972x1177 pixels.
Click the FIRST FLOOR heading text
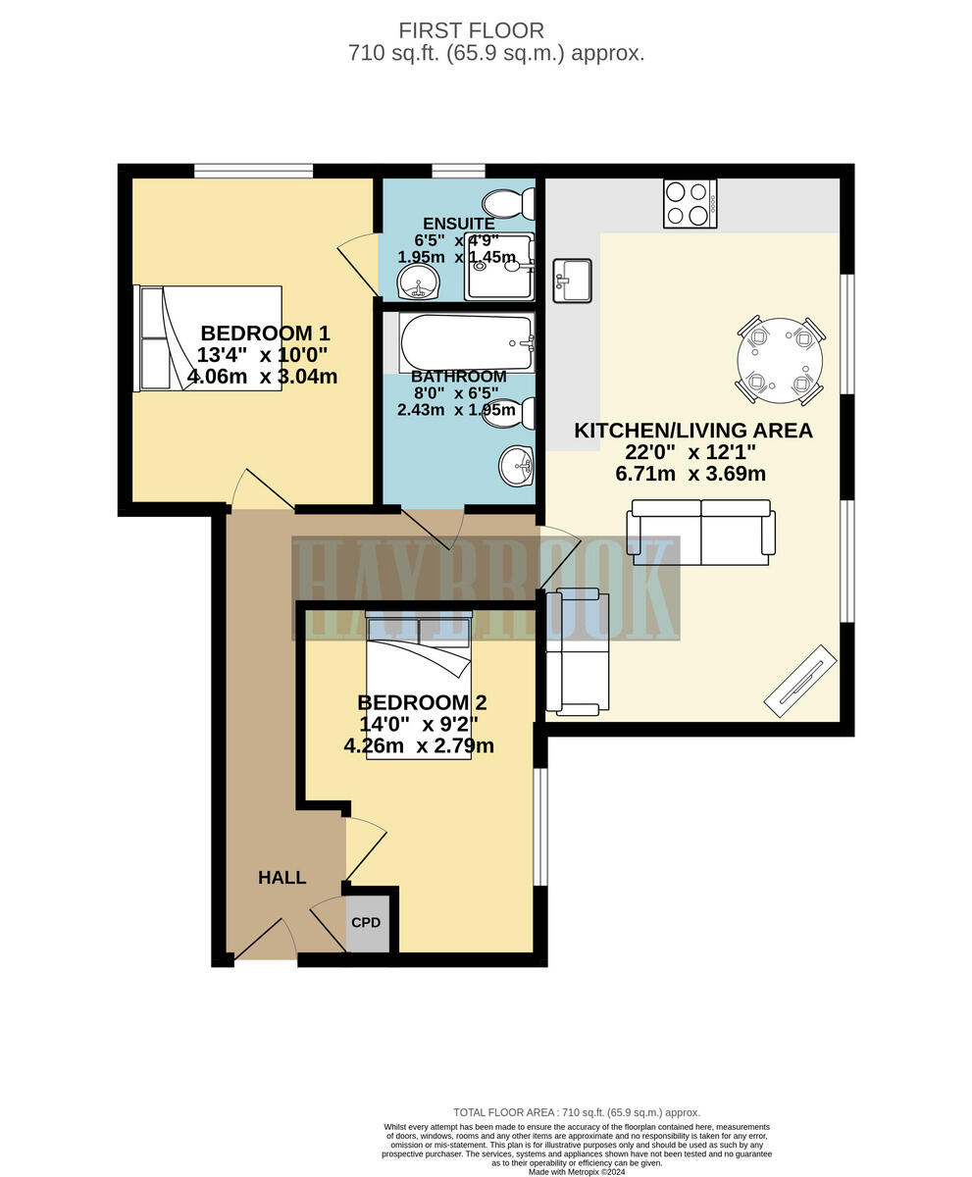(471, 30)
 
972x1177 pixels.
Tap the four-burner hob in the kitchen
(690, 204)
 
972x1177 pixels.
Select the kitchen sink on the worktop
(572, 281)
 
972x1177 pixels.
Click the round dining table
(780, 360)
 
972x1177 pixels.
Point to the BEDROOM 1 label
(264, 333)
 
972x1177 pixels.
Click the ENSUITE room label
(458, 224)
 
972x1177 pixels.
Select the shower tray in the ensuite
(499, 267)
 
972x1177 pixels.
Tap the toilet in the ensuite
(508, 203)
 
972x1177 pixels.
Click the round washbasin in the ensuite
(419, 282)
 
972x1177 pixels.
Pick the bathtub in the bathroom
(466, 342)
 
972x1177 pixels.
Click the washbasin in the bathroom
(516, 466)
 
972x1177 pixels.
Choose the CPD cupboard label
(366, 923)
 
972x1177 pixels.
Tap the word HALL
(281, 878)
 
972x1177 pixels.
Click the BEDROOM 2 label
(422, 702)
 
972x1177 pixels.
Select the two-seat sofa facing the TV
(700, 533)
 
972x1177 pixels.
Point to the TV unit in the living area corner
(800, 681)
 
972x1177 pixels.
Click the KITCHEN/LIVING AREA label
(692, 431)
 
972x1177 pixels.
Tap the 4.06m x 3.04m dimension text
(262, 377)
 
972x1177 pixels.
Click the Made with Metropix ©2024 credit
(577, 1171)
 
